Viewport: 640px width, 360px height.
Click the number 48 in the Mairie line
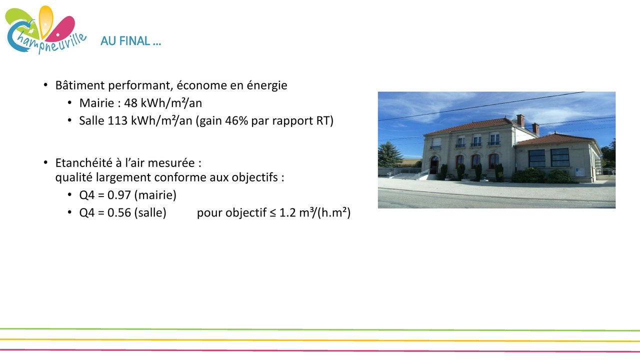coord(130,103)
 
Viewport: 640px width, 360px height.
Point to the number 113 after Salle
coord(117,120)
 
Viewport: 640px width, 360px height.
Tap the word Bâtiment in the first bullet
coord(80,85)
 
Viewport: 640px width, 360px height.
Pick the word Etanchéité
coord(83,163)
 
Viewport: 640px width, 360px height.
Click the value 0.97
coord(119,195)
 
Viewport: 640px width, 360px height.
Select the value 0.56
coord(119,213)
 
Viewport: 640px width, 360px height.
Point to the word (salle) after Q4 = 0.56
coord(150,213)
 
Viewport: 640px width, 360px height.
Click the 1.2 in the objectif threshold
coord(287,213)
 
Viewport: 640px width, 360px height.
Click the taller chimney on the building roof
coord(520,120)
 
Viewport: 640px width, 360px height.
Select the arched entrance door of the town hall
coord(434,165)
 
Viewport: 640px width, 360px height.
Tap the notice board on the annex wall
coord(579,172)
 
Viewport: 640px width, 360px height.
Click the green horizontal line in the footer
coord(320,329)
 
